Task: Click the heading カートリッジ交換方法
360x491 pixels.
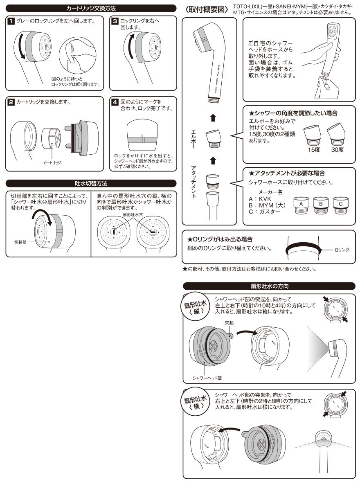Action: pos(91,8)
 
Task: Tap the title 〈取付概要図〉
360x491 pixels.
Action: pos(206,9)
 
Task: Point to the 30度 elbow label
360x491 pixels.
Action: pos(337,150)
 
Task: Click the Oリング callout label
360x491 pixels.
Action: pos(341,250)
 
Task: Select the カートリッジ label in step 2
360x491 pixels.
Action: pos(52,162)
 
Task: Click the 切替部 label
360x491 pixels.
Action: pos(20,242)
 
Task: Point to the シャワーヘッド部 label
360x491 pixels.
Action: pos(207,377)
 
